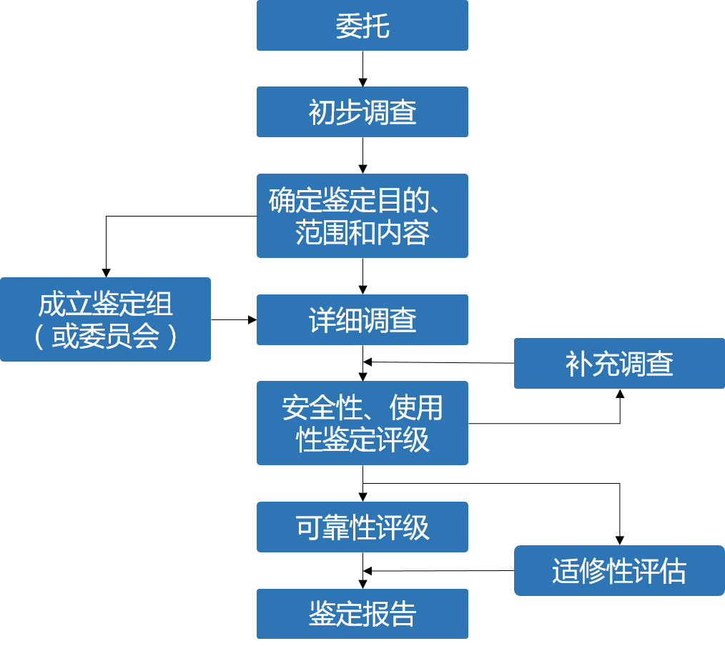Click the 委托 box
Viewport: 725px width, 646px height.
(362, 26)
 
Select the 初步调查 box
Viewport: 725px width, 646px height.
(362, 112)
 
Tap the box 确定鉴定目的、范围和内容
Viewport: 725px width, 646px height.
(362, 216)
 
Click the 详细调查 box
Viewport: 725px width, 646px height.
(362, 319)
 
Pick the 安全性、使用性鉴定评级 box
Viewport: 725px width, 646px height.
(362, 423)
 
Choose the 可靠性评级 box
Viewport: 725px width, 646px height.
(362, 527)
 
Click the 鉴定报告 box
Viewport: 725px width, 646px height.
(362, 614)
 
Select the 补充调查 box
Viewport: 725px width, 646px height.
(619, 364)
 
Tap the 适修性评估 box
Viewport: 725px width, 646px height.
(619, 571)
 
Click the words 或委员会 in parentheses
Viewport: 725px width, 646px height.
(105, 337)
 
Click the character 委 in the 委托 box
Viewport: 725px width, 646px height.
(349, 26)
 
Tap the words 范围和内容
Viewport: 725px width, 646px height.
(362, 233)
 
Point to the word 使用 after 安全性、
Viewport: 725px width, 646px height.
(416, 409)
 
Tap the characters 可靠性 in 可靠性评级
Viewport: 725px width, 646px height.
(335, 527)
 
